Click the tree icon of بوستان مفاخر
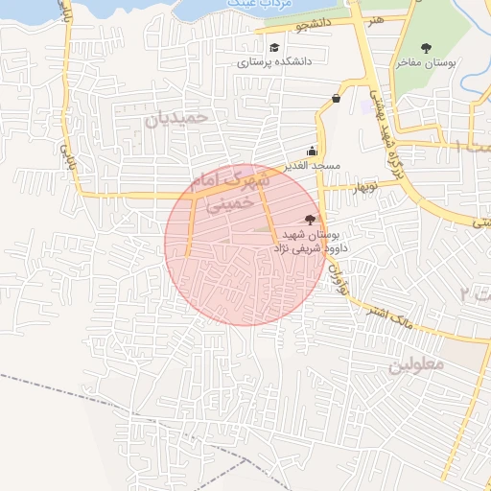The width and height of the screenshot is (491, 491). coord(426,47)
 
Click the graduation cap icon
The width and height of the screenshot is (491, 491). coord(274,47)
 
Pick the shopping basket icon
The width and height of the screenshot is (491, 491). coord(336,98)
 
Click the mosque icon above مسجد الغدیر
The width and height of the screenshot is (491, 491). coord(312,151)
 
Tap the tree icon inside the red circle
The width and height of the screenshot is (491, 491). coord(309,220)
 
